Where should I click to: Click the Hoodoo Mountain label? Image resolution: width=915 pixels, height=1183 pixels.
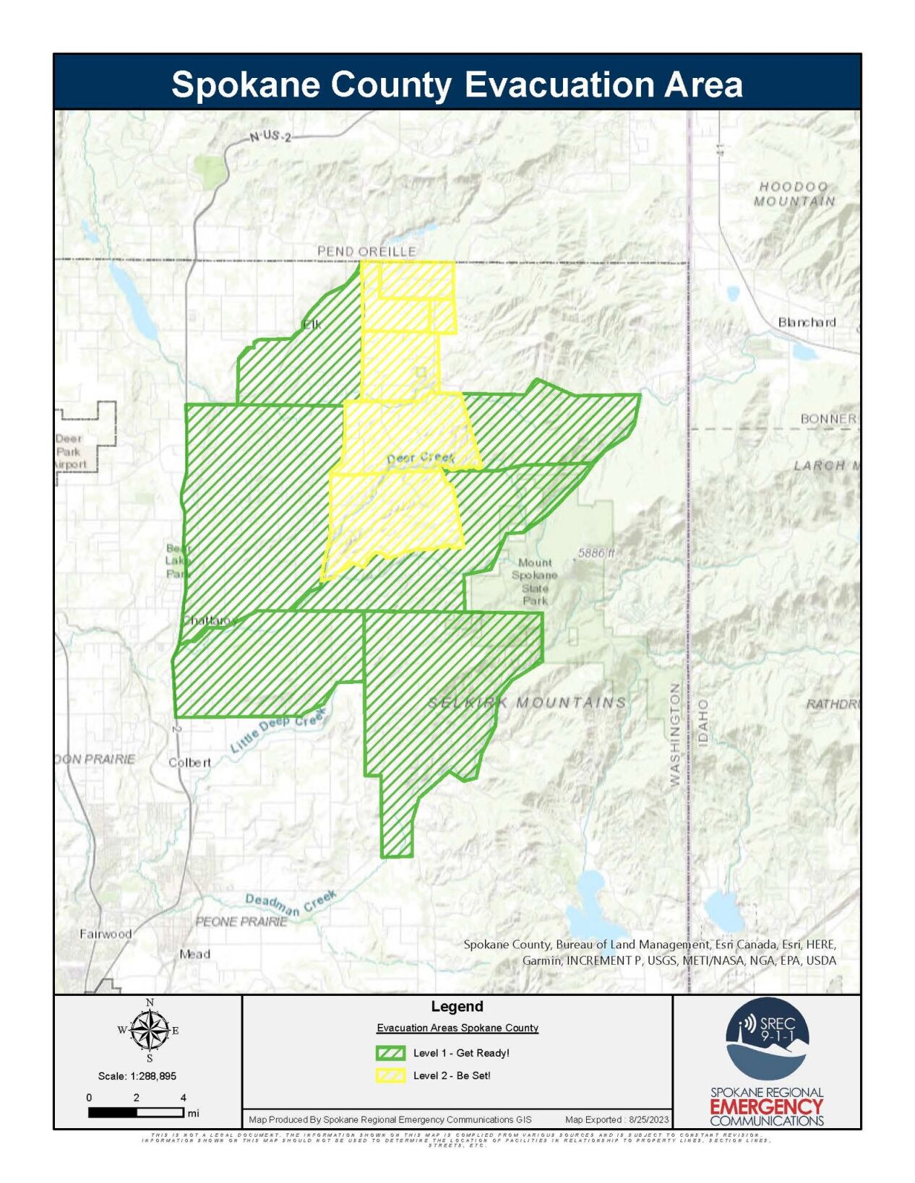point(794,194)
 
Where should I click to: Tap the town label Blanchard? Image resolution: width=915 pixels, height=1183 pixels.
point(807,322)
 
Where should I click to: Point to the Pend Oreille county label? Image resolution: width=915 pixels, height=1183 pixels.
point(366,251)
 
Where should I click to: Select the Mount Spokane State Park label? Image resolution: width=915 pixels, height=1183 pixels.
point(535,581)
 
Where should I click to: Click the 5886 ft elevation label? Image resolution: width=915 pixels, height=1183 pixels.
point(596,552)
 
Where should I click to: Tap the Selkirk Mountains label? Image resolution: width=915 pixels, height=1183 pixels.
point(528,702)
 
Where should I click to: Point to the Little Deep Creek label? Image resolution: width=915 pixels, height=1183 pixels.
point(278,731)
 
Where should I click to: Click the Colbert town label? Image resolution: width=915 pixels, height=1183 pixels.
point(189,762)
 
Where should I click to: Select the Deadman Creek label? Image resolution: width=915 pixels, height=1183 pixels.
point(291,903)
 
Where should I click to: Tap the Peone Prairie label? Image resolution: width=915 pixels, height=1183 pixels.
point(241,922)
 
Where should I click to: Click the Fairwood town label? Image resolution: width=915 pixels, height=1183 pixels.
point(106,934)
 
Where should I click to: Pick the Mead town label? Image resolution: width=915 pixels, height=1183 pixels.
point(194,954)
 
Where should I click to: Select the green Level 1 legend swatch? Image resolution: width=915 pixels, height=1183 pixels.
point(390,1053)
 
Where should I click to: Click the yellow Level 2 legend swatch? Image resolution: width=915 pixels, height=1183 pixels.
point(390,1075)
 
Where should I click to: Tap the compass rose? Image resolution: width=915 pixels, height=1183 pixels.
point(150,1031)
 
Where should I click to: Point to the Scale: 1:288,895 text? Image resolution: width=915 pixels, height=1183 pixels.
point(137,1075)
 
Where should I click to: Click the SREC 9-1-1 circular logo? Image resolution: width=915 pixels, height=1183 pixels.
point(766,1038)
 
